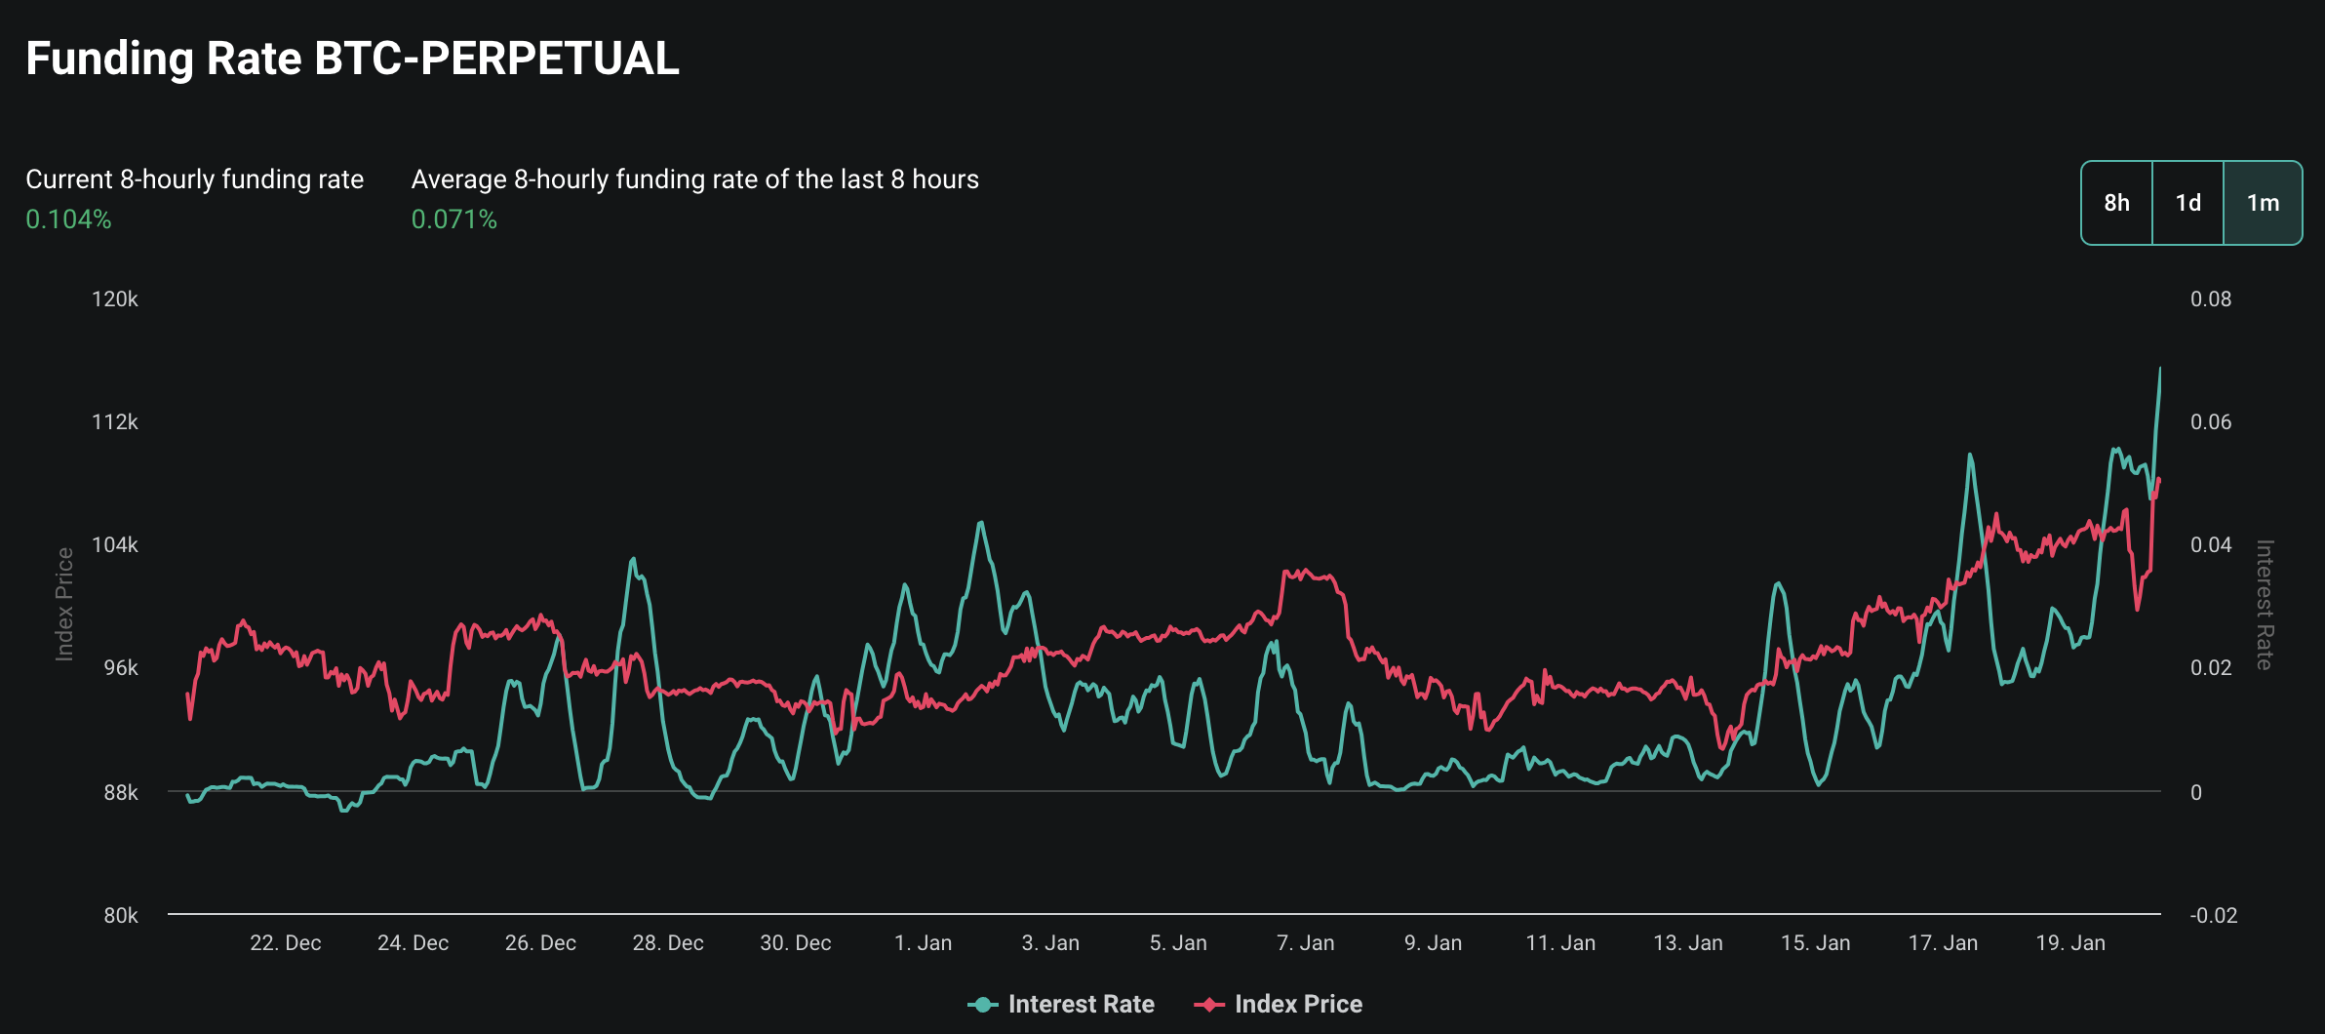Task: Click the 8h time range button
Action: coord(2116,203)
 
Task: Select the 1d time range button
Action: coord(2187,203)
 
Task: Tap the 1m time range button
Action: coord(2263,203)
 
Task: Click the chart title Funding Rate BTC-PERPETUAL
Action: coord(352,59)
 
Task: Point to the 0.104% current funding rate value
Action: coord(68,219)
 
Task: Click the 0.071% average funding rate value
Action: coord(453,219)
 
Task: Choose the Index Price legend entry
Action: coord(1279,1004)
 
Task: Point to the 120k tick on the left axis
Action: coord(115,299)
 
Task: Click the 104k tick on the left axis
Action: coord(115,545)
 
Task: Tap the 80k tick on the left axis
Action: coord(121,915)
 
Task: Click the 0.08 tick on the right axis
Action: coord(2210,299)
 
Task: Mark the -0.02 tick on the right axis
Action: coord(2213,915)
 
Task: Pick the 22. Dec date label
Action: coord(285,943)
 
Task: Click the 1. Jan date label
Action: coord(923,943)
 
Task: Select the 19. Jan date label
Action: coord(2070,943)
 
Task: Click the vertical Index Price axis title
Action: coord(64,605)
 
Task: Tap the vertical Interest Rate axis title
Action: coord(2265,605)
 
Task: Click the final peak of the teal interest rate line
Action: coord(2159,369)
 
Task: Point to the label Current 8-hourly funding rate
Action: coord(194,179)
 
